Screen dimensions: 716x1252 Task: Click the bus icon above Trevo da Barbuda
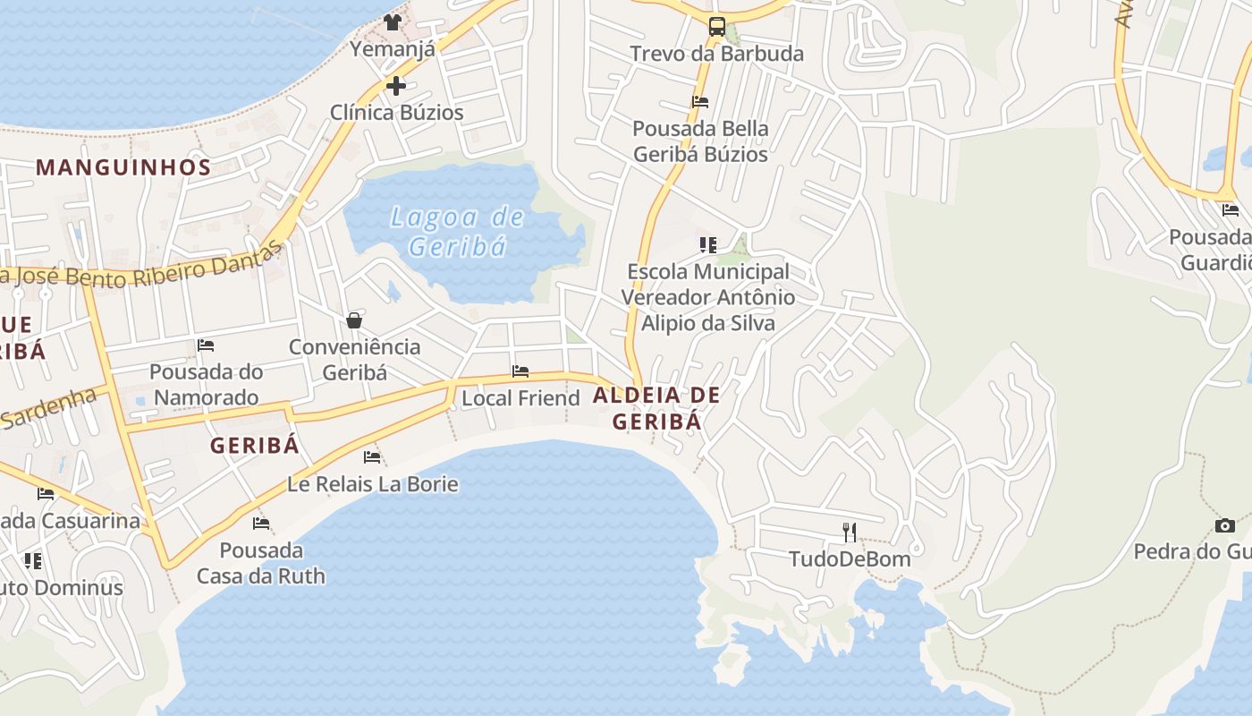[717, 27]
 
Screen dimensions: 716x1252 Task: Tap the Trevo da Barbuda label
[717, 54]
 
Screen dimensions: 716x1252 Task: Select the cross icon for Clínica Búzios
[396, 86]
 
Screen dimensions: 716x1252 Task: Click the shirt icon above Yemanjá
[392, 21]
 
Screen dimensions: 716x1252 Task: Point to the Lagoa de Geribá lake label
[457, 232]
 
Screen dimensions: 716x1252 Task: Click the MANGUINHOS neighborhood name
[123, 167]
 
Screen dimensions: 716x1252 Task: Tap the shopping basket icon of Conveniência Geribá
[354, 320]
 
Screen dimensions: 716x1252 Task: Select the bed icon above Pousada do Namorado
[206, 345]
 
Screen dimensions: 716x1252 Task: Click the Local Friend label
[520, 398]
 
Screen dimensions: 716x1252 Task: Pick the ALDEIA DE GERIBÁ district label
[656, 408]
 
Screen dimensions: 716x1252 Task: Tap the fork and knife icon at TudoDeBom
[850, 533]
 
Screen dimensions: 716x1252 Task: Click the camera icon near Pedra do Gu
[1225, 525]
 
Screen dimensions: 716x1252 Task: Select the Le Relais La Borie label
[373, 485]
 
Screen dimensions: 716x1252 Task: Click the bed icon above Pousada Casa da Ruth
[261, 523]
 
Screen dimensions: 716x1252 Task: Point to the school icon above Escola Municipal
[708, 244]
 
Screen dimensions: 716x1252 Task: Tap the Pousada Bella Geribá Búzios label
[700, 141]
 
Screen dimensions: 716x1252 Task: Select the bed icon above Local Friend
[520, 371]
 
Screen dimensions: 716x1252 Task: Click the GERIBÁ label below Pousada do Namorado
[254, 446]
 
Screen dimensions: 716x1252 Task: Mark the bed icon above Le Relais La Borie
[372, 457]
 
